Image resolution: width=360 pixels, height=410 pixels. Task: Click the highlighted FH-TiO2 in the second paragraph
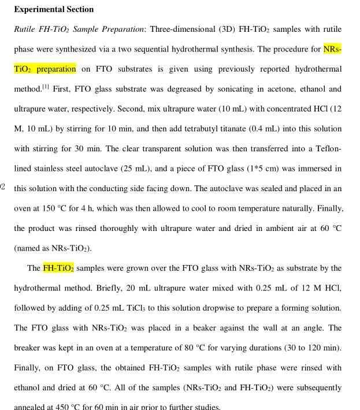click(x=58, y=268)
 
